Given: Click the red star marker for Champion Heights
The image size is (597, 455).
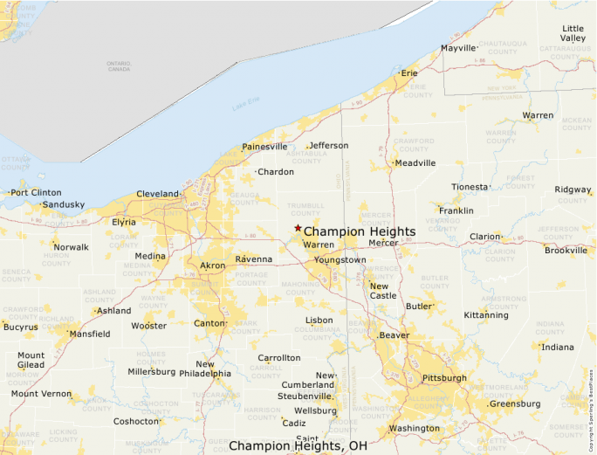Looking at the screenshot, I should pyautogui.click(x=298, y=228).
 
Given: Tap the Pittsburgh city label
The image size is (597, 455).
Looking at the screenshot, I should pyautogui.click(x=444, y=378).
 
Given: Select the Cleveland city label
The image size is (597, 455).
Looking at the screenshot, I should pyautogui.click(x=158, y=194).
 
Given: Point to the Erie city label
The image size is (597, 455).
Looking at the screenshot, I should pyautogui.click(x=409, y=73).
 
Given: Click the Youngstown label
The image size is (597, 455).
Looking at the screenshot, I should pyautogui.click(x=341, y=260).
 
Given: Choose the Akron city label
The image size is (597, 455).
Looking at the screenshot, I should pyautogui.click(x=213, y=265).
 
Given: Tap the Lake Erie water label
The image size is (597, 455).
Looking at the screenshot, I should pyautogui.click(x=246, y=107).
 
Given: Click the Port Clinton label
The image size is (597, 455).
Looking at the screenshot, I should pyautogui.click(x=36, y=192).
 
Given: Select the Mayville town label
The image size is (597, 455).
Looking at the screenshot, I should pyautogui.click(x=458, y=48).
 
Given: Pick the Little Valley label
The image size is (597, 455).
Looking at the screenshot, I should pyautogui.click(x=573, y=34).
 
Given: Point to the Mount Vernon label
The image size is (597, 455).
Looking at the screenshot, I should pyautogui.click(x=42, y=394).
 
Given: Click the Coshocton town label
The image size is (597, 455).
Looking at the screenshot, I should pyautogui.click(x=136, y=421).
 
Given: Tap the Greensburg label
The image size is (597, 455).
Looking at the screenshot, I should pyautogui.click(x=515, y=404).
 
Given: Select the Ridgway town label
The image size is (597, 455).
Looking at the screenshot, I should pyautogui.click(x=573, y=190).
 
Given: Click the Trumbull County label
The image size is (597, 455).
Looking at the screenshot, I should pyautogui.click(x=305, y=209).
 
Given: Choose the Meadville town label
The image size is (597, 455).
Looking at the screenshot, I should pyautogui.click(x=415, y=162).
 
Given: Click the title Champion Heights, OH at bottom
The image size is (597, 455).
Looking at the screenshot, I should pyautogui.click(x=298, y=445).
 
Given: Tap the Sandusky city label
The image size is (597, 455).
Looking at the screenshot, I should pyautogui.click(x=64, y=205).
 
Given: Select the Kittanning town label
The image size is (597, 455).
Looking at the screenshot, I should pyautogui.click(x=485, y=315).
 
